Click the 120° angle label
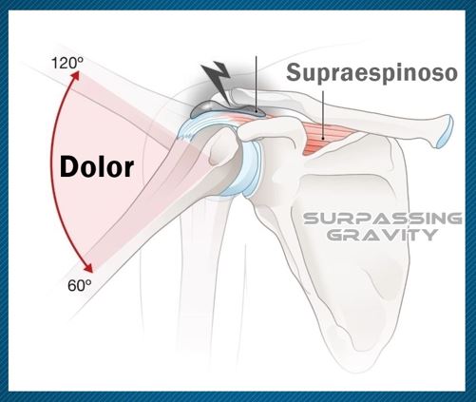(67, 63)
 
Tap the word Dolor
(97, 167)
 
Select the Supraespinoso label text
(371, 73)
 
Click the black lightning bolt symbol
(217, 81)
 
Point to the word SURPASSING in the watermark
(383, 219)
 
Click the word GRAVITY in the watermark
(382, 235)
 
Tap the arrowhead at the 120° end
(75, 75)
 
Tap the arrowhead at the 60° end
(88, 268)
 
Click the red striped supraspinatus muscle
(326, 139)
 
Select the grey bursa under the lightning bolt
(227, 110)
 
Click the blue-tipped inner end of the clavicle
(445, 131)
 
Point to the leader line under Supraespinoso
(323, 115)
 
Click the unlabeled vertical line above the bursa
(256, 84)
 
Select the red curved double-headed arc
(59, 170)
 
